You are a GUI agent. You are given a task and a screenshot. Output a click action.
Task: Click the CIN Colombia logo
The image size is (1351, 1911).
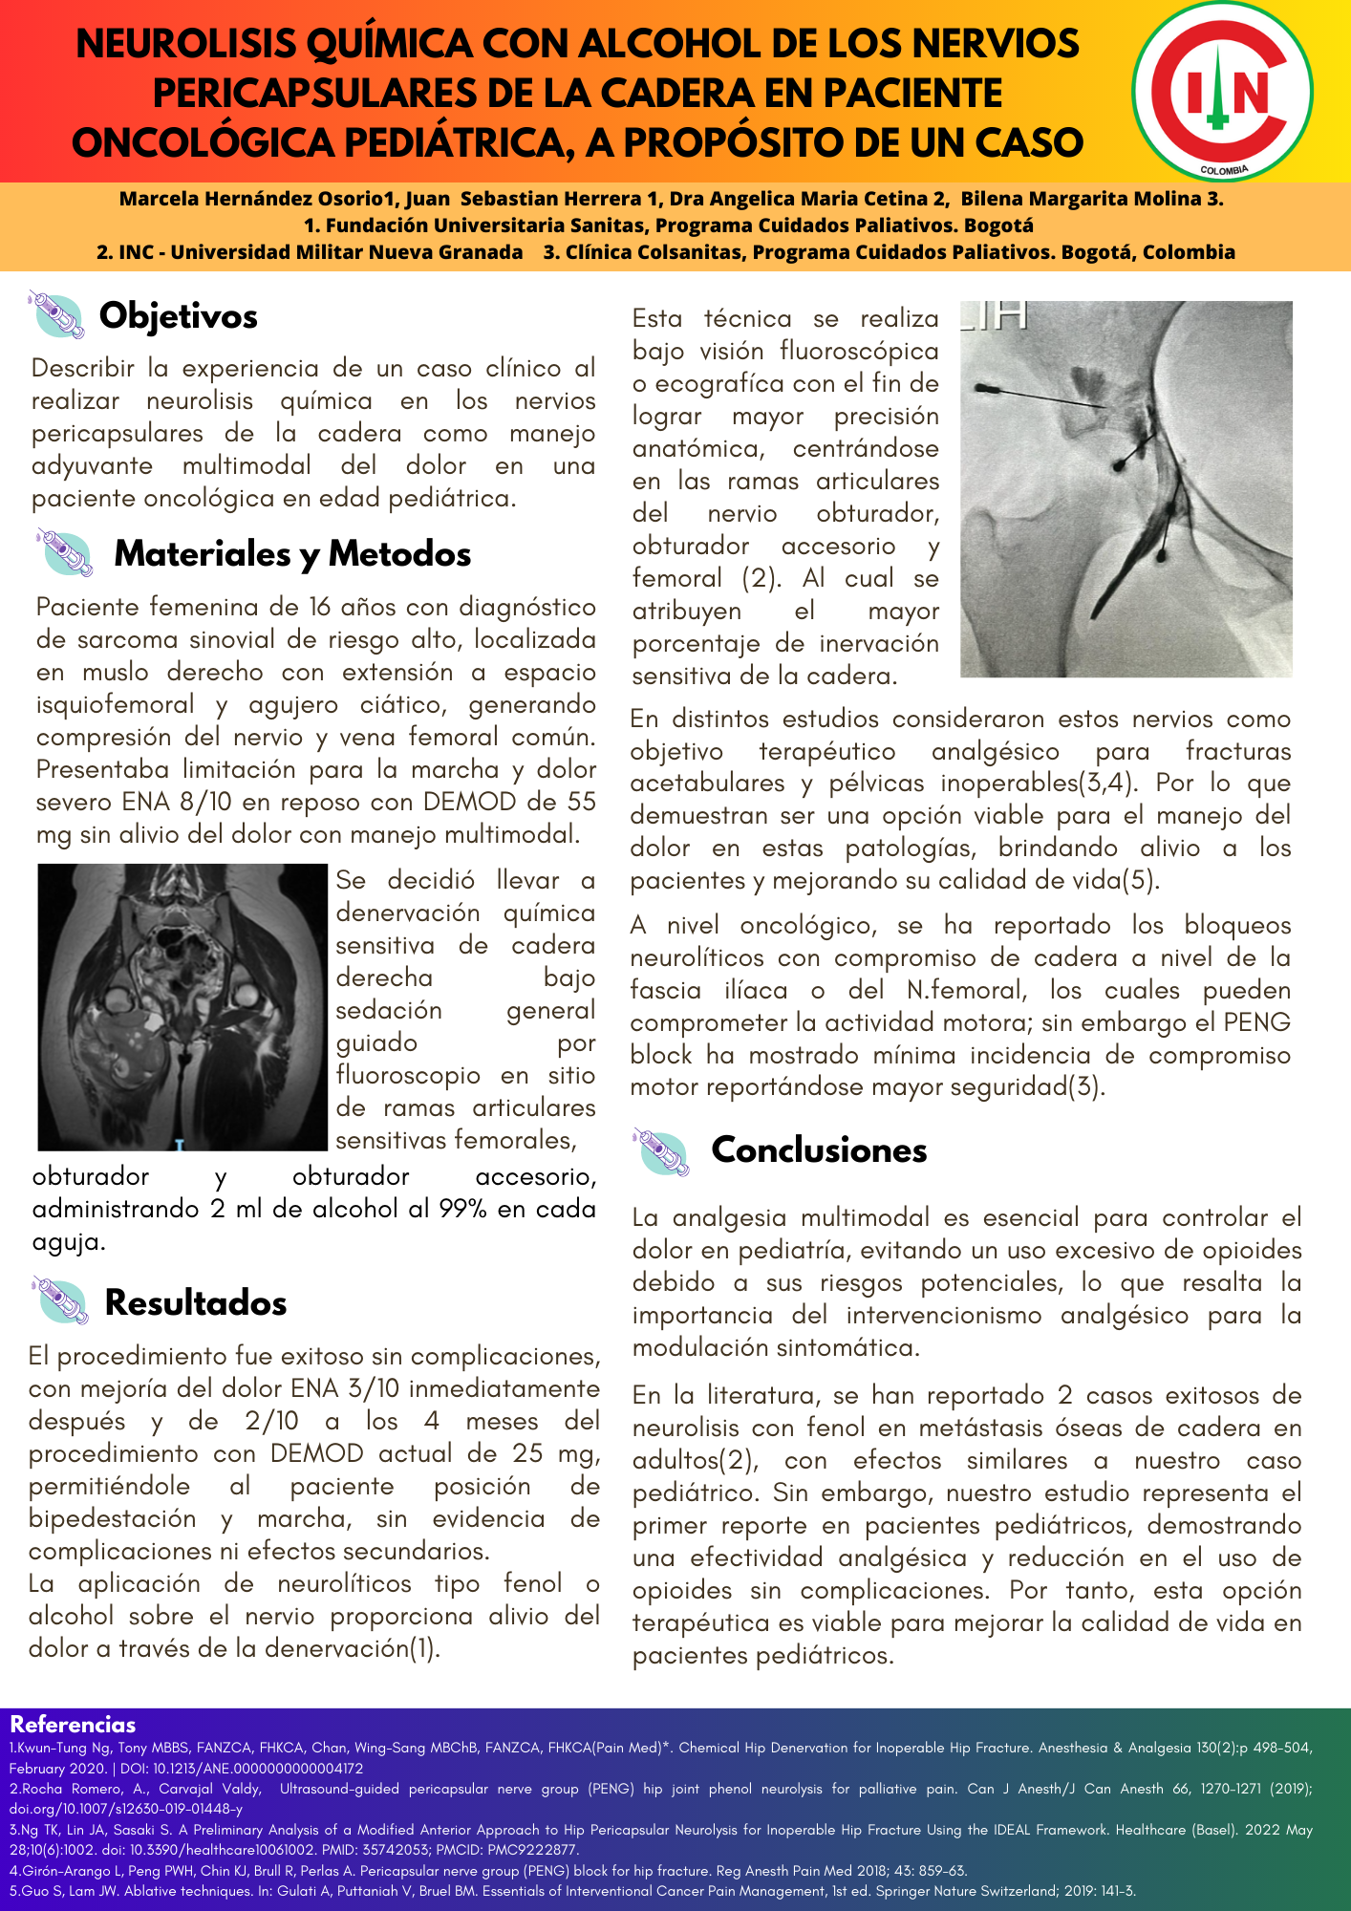[1222, 92]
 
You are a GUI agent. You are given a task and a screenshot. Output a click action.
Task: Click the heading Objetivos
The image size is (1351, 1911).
[179, 316]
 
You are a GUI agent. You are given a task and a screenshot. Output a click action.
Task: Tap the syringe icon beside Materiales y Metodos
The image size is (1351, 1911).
[65, 553]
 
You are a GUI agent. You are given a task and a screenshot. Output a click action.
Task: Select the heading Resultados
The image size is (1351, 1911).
[196, 1303]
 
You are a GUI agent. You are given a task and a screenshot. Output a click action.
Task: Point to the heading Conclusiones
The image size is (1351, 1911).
[819, 1150]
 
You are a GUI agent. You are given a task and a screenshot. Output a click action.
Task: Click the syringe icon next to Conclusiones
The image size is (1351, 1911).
[661, 1151]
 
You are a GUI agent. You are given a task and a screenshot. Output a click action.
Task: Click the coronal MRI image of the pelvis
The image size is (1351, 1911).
[182, 1007]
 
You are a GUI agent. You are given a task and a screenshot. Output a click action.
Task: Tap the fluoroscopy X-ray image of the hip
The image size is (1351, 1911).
[1126, 489]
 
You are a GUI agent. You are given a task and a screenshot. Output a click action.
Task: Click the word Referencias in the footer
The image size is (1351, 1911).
[73, 1725]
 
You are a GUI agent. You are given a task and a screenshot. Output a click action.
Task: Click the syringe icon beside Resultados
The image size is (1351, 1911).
[59, 1301]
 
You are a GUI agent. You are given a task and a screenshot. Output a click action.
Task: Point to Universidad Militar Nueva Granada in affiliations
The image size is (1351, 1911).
[347, 252]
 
